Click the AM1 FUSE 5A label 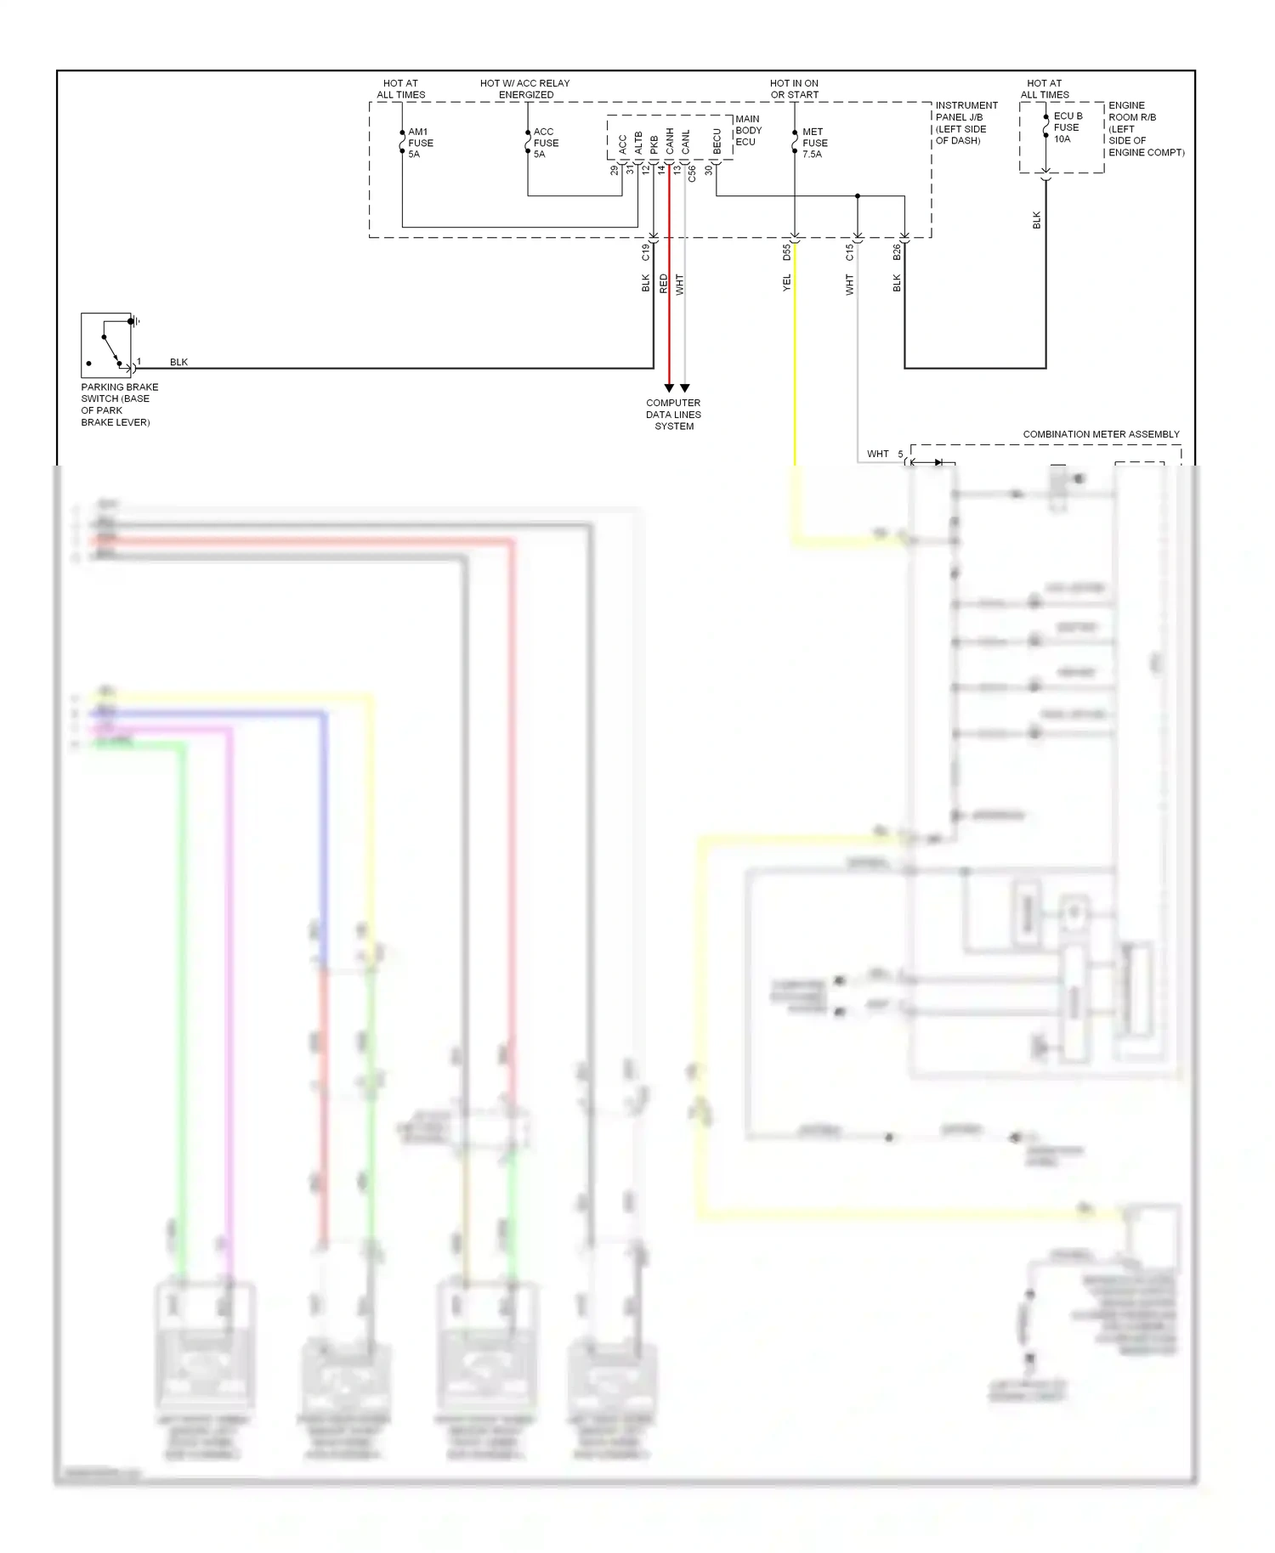420,143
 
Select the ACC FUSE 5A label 546,143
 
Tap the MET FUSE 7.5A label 814,143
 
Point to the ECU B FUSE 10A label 1068,127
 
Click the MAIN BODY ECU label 748,130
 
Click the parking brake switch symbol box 106,345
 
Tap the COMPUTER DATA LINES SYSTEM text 673,415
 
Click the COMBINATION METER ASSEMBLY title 1101,434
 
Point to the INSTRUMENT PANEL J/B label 966,123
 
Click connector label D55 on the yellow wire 787,252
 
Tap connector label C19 646,252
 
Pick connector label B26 897,252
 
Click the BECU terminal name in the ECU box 717,142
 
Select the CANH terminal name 670,142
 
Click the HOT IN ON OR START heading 794,89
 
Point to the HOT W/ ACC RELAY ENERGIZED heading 524,89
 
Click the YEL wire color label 787,283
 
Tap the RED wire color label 664,284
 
